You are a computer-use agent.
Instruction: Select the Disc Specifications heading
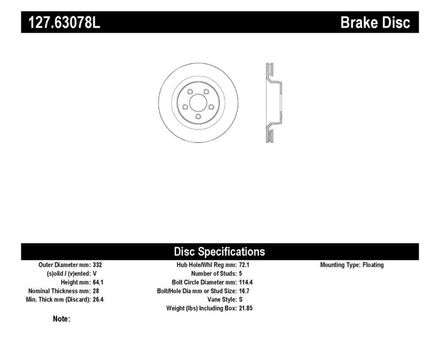pos(219,252)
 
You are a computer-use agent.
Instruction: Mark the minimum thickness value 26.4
pos(99,300)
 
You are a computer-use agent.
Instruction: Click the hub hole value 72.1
pos(244,265)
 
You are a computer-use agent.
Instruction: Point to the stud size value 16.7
pos(244,291)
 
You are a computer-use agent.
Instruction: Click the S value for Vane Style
pos(241,300)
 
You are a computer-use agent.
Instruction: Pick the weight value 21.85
pos(246,308)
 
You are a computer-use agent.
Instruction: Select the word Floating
pos(373,265)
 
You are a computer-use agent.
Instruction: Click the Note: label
pos(61,319)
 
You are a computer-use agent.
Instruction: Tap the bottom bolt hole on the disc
pos(198,117)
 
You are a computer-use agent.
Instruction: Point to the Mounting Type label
pos(339,265)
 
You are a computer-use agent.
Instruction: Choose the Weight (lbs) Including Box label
pos(201,308)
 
